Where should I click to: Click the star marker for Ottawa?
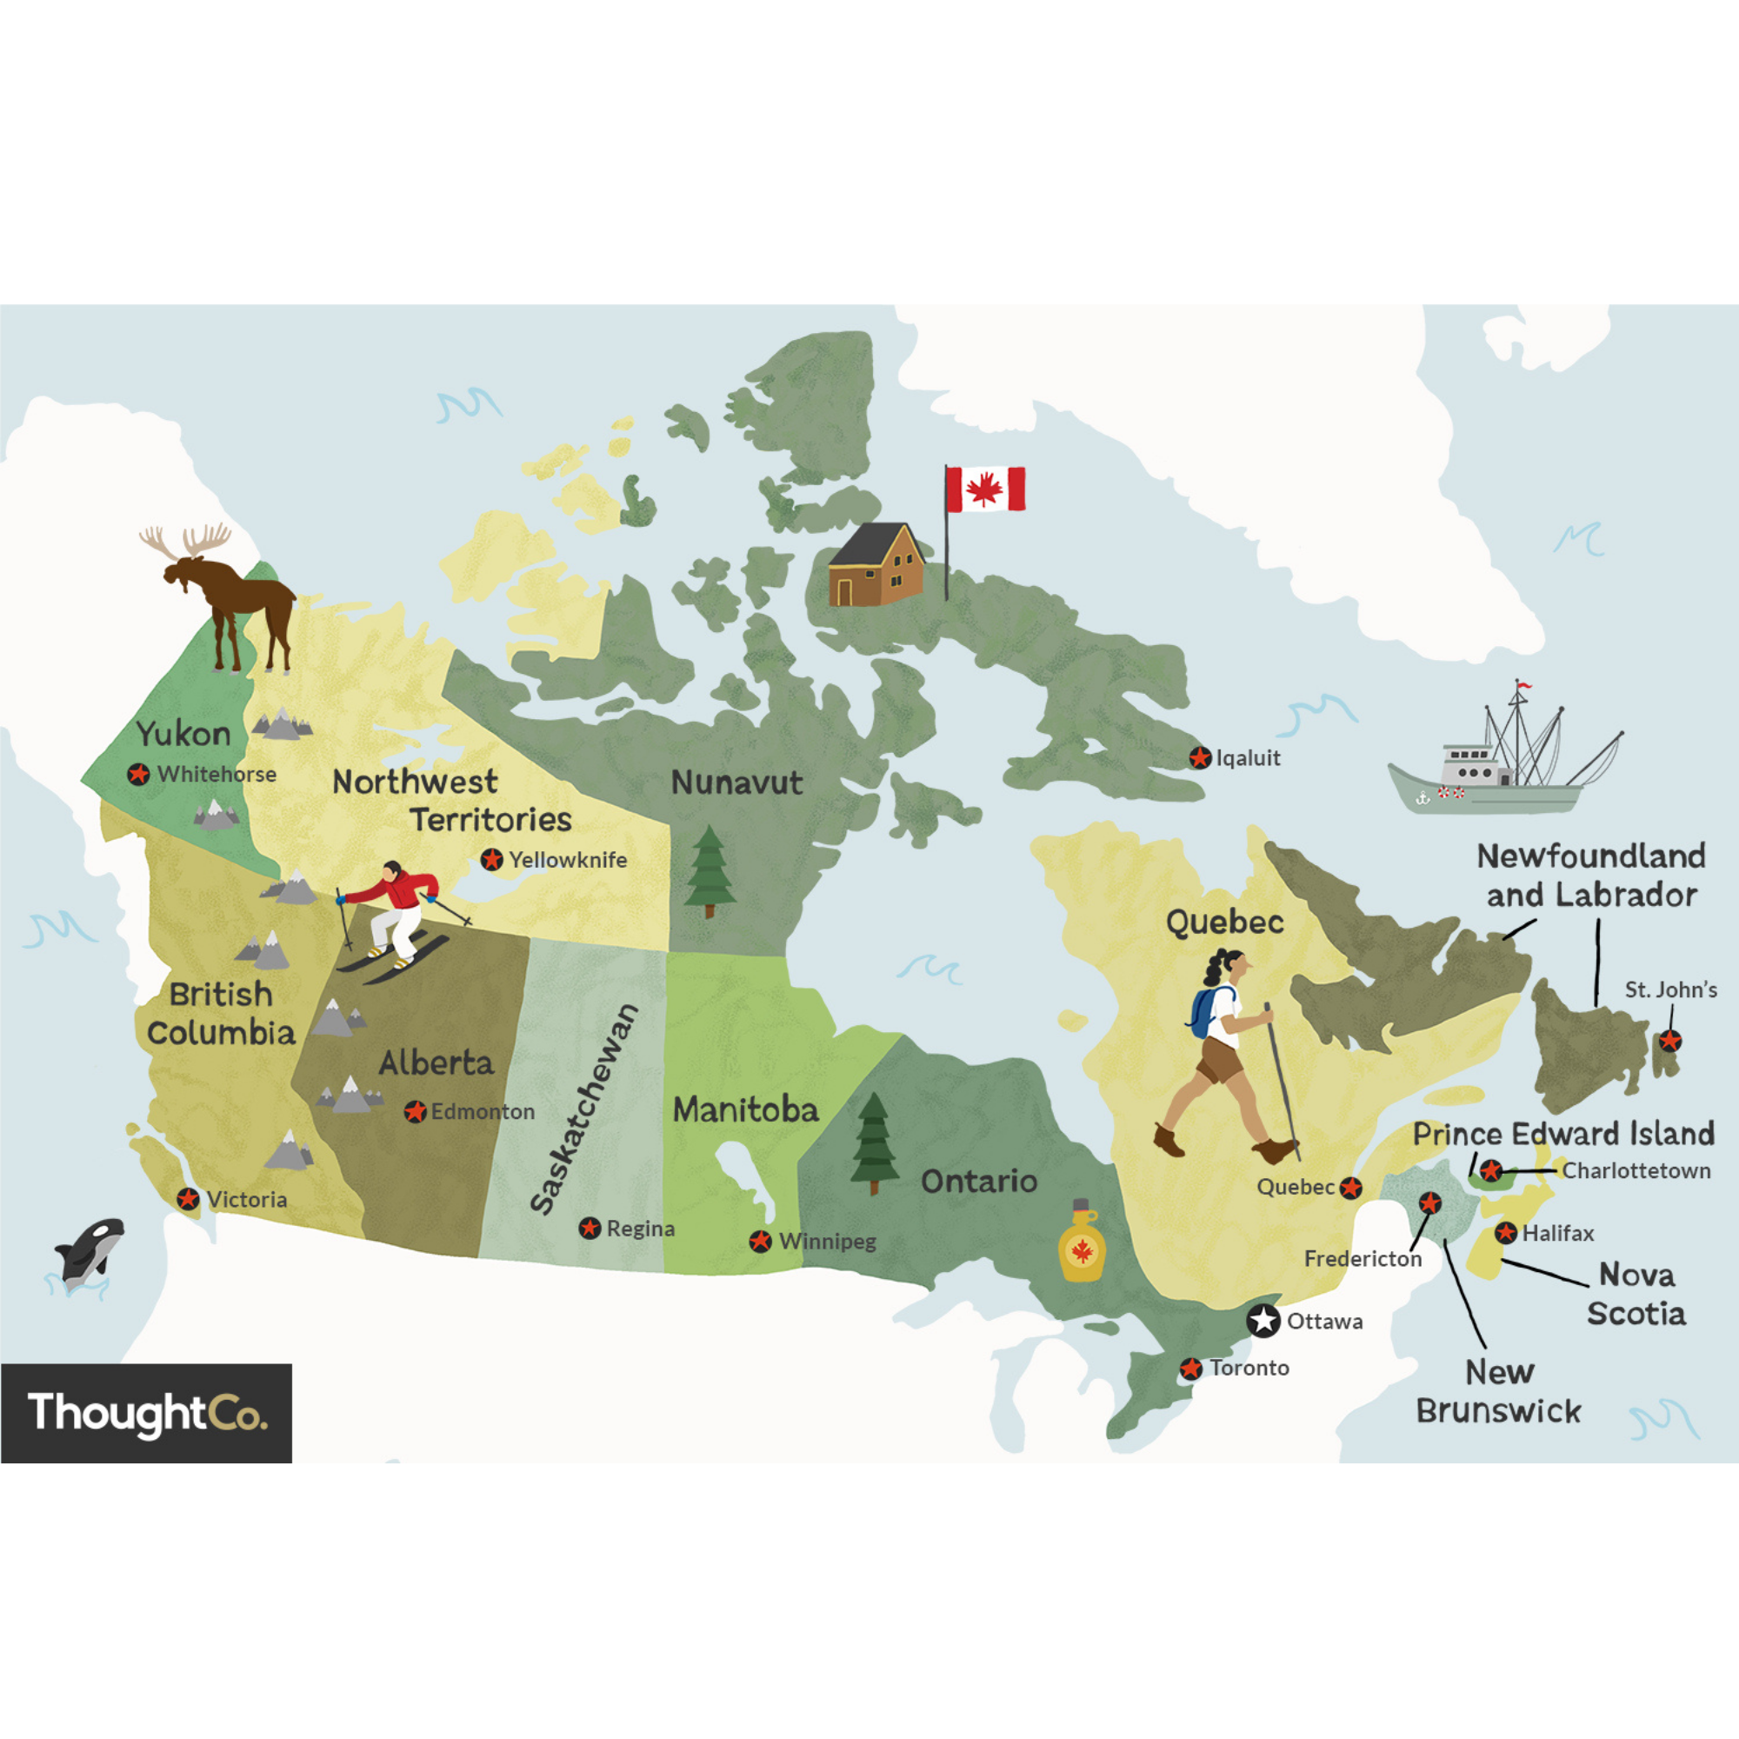point(1263,1321)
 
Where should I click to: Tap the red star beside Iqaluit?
point(1199,758)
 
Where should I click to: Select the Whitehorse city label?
point(216,774)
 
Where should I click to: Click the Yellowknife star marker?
point(491,860)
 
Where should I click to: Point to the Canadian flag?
point(985,489)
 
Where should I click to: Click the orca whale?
point(88,1251)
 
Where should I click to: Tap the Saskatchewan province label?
point(585,1109)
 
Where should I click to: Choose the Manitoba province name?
point(745,1109)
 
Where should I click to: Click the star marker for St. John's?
point(1669,1041)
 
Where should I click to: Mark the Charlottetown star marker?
point(1491,1170)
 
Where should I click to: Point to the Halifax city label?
point(1557,1233)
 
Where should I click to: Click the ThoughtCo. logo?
point(147,1412)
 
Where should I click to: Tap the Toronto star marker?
point(1191,1368)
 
